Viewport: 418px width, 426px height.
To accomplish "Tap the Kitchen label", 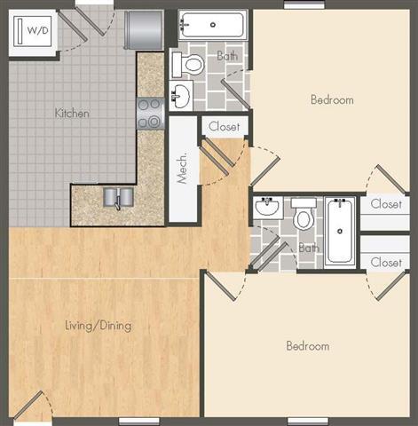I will pos(72,114).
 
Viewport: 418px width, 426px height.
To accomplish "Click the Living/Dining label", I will pos(98,326).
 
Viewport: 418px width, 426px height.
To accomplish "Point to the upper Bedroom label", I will pos(332,99).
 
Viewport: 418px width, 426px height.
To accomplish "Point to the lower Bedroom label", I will pos(307,345).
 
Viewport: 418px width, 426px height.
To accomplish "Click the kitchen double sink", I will pos(117,197).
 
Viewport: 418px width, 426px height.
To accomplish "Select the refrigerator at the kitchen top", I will pos(144,29).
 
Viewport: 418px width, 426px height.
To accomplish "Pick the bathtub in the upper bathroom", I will pos(211,24).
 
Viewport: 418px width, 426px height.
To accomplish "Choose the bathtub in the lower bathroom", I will pos(340,230).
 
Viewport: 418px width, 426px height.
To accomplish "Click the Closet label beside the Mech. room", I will pos(224,127).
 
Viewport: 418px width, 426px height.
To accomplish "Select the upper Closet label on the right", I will pos(386,204).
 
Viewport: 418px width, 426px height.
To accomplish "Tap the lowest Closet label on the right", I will pos(386,262).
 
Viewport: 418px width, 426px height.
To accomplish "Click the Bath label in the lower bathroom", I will pos(308,248).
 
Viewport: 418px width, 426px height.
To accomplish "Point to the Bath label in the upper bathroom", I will pos(228,56).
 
